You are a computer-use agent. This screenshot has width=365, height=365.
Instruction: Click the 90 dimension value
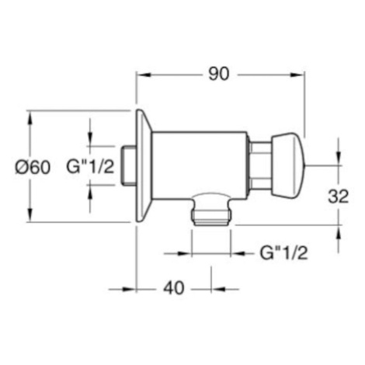pyautogui.click(x=219, y=75)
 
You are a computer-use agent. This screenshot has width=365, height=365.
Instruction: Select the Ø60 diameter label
pyautogui.click(x=33, y=167)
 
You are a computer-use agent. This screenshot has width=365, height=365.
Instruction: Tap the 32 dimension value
pyautogui.click(x=339, y=196)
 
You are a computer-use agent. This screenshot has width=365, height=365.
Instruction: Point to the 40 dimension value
pyautogui.click(x=174, y=288)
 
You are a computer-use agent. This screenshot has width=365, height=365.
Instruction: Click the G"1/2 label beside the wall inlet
pyautogui.click(x=90, y=166)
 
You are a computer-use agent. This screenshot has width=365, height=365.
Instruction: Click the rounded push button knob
pyautogui.click(x=288, y=166)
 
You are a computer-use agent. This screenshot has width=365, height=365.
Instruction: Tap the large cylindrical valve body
pyautogui.click(x=200, y=165)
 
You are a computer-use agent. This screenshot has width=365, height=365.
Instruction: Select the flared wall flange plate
pyautogui.click(x=144, y=165)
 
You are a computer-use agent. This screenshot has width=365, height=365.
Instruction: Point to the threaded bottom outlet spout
pyautogui.click(x=210, y=210)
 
